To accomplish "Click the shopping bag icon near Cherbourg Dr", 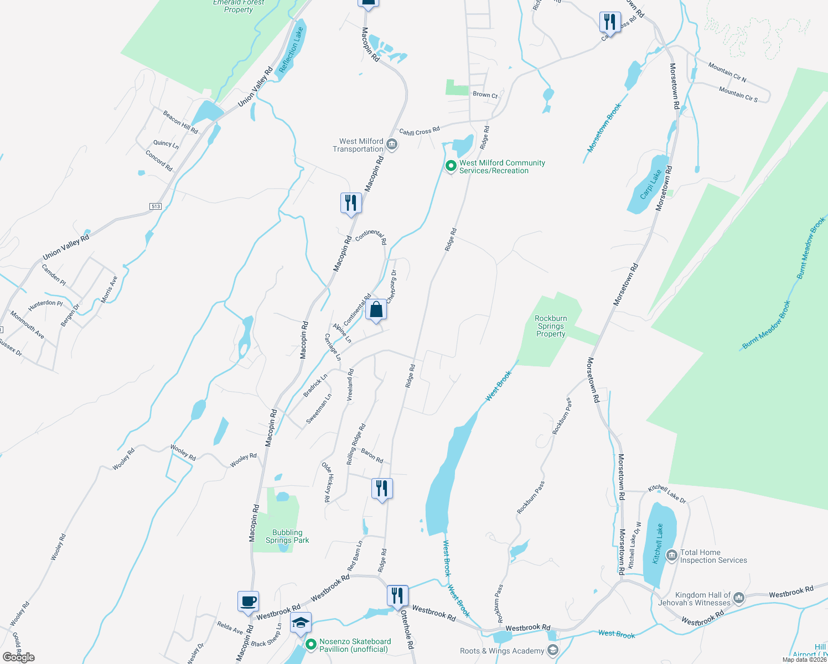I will tap(376, 310).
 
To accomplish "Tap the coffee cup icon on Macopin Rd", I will tap(248, 601).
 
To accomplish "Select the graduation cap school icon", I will tap(301, 623).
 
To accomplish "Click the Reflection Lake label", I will tap(291, 50).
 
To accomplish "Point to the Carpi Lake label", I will tap(651, 184).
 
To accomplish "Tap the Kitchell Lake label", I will tap(658, 544).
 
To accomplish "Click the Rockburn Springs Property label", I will tap(551, 326).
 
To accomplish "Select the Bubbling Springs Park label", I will tap(287, 536).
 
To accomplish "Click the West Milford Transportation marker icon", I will tap(392, 145).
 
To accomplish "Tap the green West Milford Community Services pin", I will tap(451, 165).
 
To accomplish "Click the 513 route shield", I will tap(155, 206).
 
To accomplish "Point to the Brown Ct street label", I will tap(485, 95).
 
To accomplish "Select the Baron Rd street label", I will tap(372, 455).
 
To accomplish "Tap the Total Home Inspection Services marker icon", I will tap(672, 556).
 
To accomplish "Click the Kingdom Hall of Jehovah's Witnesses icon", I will tap(738, 598).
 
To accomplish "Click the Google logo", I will tap(19, 657).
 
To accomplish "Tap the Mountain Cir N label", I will tap(727, 72).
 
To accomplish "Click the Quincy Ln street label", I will tap(166, 144).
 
